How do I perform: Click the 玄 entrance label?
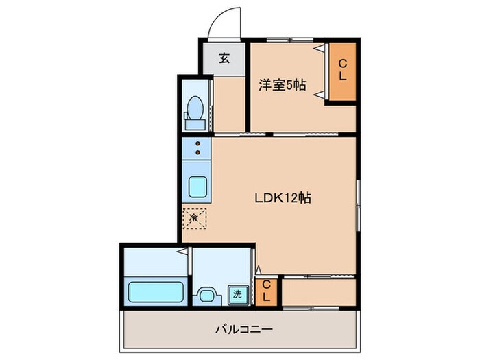click(224, 58)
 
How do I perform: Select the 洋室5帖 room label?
click(282, 86)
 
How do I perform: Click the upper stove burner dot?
click(197, 144)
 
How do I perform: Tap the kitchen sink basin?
click(197, 186)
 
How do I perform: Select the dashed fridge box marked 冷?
click(194, 218)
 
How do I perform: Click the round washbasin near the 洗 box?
click(206, 296)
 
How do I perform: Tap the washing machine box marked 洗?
click(237, 294)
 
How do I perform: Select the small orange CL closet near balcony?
click(269, 291)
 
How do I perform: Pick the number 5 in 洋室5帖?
click(289, 86)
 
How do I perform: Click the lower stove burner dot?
click(197, 153)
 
